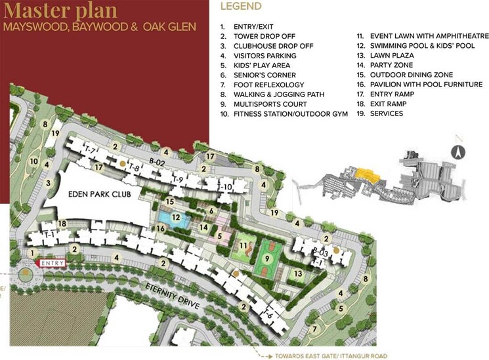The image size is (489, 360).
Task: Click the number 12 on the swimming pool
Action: pyautogui.click(x=175, y=217)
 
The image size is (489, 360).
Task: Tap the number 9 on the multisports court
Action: pyautogui.click(x=267, y=258)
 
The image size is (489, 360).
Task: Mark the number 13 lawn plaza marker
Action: pyautogui.click(x=297, y=273)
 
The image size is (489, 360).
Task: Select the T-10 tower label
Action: pyautogui.click(x=224, y=188)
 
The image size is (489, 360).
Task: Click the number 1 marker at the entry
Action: pyautogui.click(x=31, y=252)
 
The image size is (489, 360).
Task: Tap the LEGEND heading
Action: pyautogui.click(x=240, y=6)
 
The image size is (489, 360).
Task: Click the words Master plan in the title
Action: pyautogui.click(x=60, y=12)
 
